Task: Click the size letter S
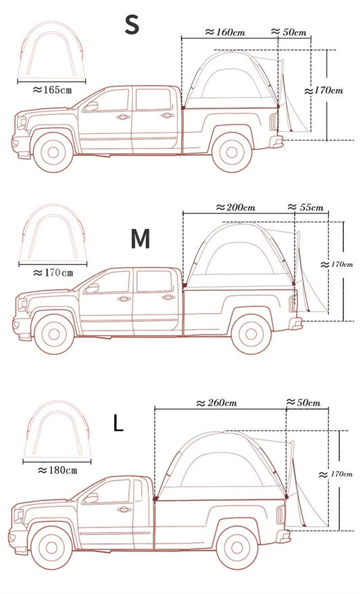(x=132, y=24)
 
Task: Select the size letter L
(x=118, y=424)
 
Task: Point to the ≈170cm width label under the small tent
(x=53, y=272)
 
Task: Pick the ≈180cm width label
(x=57, y=469)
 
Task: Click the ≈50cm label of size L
(x=305, y=403)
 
